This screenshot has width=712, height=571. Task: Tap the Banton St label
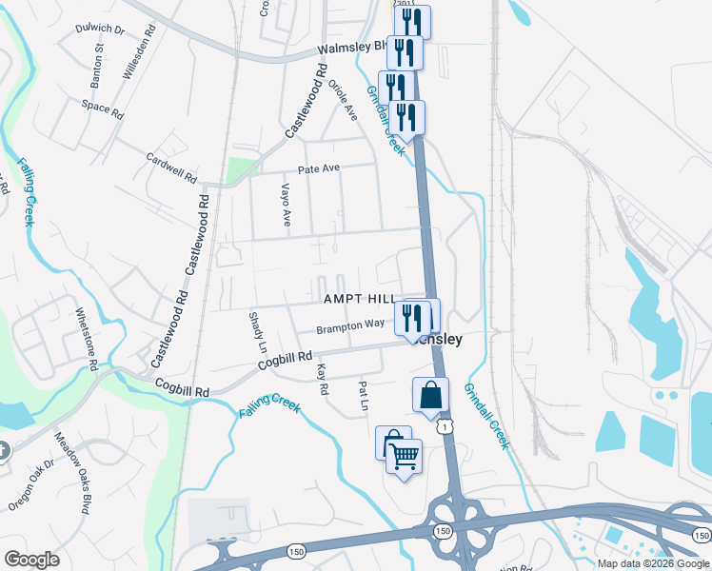98,59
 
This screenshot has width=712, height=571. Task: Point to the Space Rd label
103,109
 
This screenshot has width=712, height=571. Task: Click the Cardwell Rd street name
171,168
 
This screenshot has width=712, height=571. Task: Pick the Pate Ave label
318,169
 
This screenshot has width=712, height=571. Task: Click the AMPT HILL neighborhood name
358,299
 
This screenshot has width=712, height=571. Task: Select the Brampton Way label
351,326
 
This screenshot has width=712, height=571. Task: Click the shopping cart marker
404,459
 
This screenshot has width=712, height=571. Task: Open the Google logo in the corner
31,560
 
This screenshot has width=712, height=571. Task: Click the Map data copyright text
653,563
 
